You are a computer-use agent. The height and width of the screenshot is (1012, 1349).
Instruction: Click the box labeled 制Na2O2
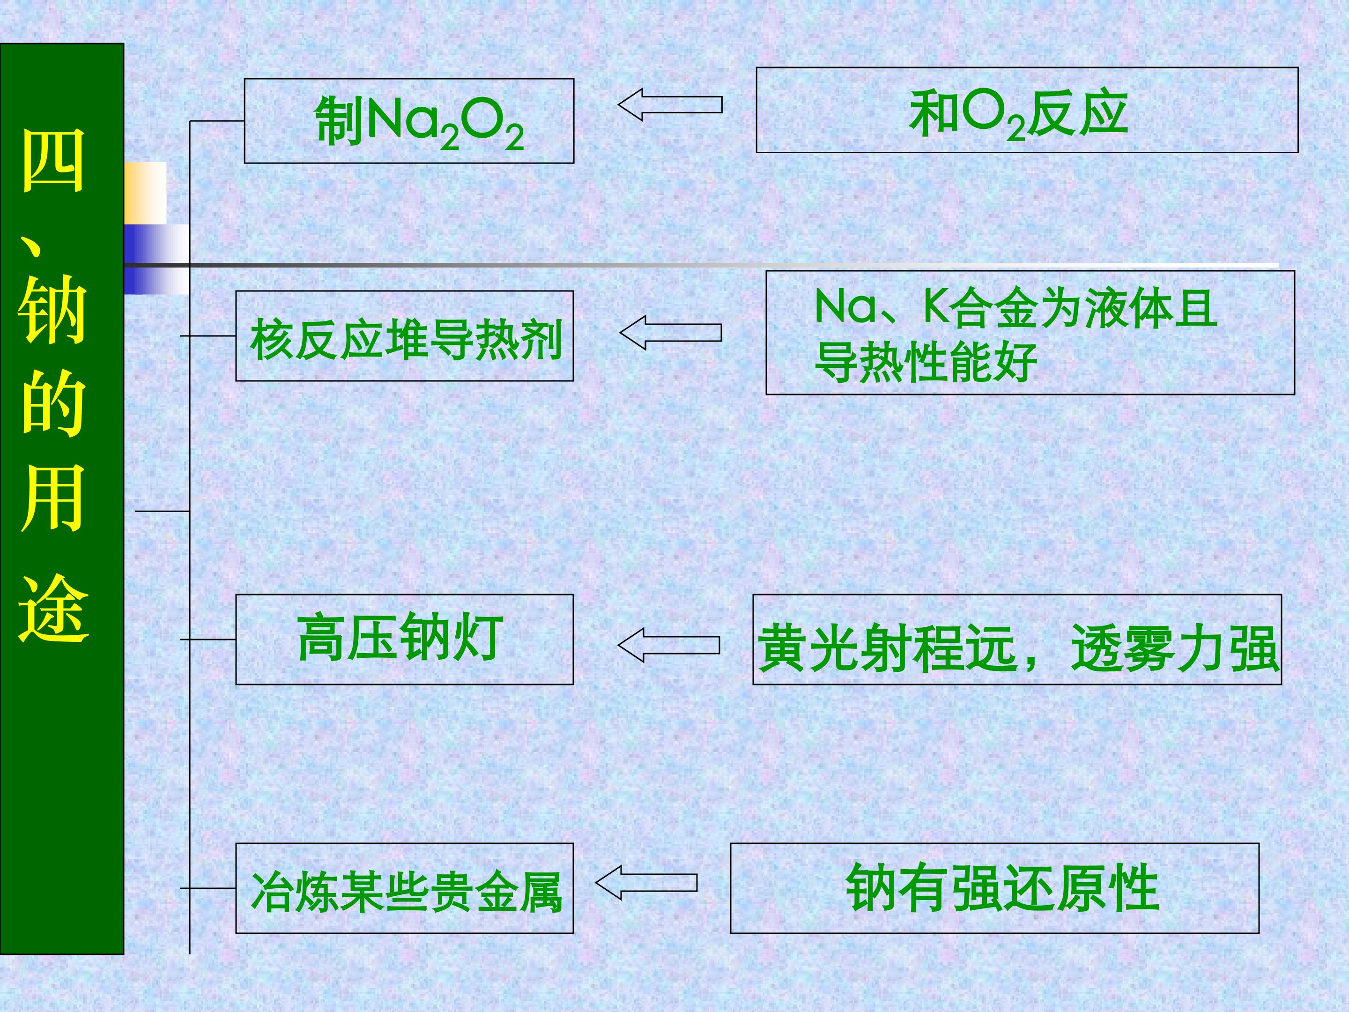click(408, 121)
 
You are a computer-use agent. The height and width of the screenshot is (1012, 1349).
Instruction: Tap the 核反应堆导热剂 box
click(404, 336)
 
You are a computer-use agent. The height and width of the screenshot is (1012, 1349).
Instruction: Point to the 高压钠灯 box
click(404, 639)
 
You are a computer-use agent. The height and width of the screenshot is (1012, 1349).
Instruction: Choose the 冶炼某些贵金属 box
click(404, 888)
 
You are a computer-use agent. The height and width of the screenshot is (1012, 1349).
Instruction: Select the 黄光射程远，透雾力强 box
click(1016, 639)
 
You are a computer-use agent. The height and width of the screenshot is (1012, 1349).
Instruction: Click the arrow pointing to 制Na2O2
click(670, 105)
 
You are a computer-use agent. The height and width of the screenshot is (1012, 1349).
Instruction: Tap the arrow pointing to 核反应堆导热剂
click(670, 333)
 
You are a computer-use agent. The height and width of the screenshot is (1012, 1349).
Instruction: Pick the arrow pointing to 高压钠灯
click(668, 646)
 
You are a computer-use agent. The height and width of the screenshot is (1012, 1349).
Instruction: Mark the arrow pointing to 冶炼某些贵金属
click(646, 883)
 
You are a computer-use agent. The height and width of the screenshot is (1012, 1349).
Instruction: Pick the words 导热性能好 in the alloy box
click(926, 362)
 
